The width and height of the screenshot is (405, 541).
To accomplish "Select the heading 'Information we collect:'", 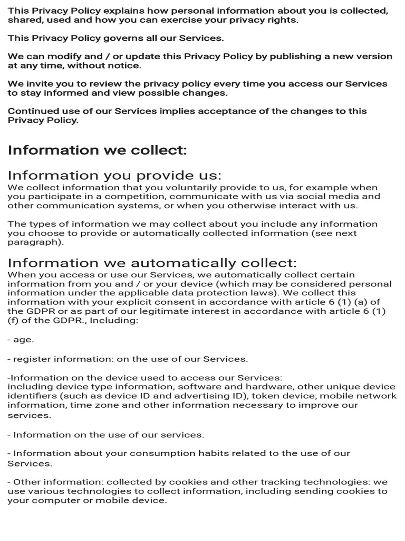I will click(x=98, y=150).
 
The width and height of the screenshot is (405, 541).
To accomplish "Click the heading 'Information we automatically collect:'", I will click(x=152, y=263).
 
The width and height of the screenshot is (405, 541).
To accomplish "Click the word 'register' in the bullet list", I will click(x=31, y=359).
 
